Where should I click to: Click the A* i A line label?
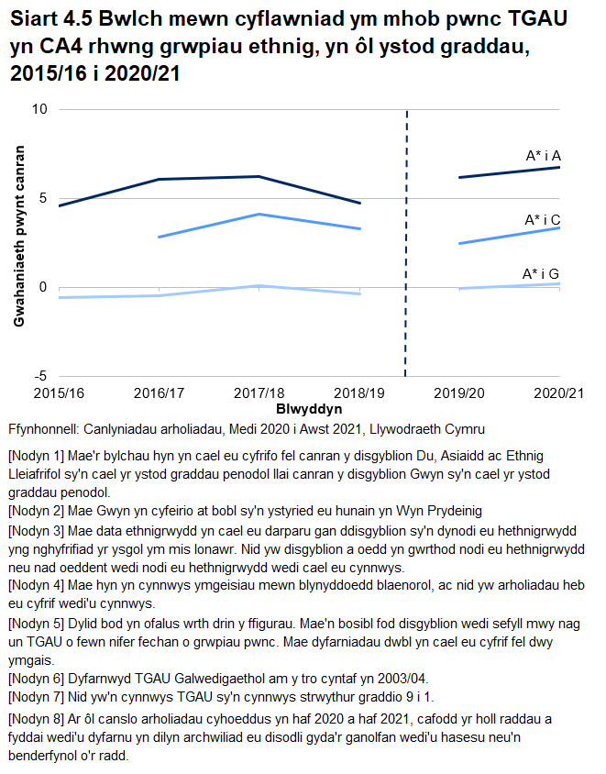(x=543, y=157)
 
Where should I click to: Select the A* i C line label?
(x=542, y=220)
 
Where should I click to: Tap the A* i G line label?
(x=541, y=273)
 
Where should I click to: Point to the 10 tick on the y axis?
(x=39, y=110)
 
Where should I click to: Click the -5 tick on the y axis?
(x=39, y=376)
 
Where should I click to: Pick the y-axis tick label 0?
(x=42, y=287)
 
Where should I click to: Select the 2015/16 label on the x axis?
(x=59, y=393)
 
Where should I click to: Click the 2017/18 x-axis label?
(x=259, y=393)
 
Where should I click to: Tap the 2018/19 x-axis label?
(x=360, y=393)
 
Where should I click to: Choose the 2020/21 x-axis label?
(x=558, y=393)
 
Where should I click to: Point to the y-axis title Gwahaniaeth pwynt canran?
(x=18, y=236)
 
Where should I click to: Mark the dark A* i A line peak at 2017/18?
(x=259, y=176)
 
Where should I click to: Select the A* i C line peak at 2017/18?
(x=259, y=215)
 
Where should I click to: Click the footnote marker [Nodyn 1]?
(x=36, y=456)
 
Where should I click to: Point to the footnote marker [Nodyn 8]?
(x=36, y=722)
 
